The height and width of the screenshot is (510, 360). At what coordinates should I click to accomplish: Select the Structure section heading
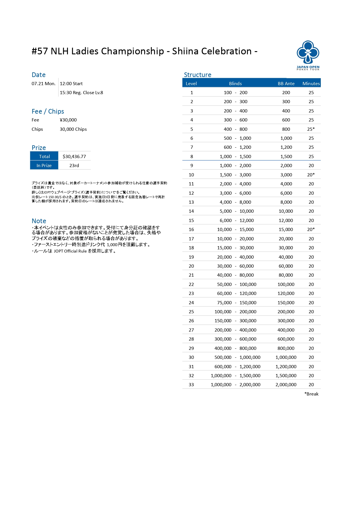(197, 75)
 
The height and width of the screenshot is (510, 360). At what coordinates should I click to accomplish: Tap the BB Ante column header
(286, 83)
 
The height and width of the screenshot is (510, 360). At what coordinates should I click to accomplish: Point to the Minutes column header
(311, 83)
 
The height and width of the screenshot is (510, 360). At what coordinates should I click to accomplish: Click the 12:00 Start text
(71, 84)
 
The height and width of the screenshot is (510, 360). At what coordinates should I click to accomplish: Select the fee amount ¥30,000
(68, 120)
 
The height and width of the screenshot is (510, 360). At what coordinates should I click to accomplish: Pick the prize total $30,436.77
(74, 156)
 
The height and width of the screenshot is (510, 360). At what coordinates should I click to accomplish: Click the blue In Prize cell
(44, 165)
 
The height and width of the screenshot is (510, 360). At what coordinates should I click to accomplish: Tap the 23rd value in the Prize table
(74, 165)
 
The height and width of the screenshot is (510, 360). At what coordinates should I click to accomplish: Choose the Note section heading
(39, 221)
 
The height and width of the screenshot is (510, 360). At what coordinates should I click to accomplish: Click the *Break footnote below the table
(311, 394)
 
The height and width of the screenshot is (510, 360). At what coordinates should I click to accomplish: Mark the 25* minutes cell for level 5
(311, 129)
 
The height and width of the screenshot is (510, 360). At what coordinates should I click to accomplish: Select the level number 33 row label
(191, 384)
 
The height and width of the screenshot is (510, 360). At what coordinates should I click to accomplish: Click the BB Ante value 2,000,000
(286, 384)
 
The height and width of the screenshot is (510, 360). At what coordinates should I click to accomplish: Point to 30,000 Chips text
(73, 129)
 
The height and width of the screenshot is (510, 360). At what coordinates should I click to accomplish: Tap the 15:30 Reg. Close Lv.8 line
(81, 93)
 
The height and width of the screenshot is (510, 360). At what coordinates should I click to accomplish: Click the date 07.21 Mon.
(44, 84)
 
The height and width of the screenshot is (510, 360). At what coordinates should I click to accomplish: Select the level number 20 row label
(191, 266)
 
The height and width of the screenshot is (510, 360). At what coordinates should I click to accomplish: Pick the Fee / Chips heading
(48, 111)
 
